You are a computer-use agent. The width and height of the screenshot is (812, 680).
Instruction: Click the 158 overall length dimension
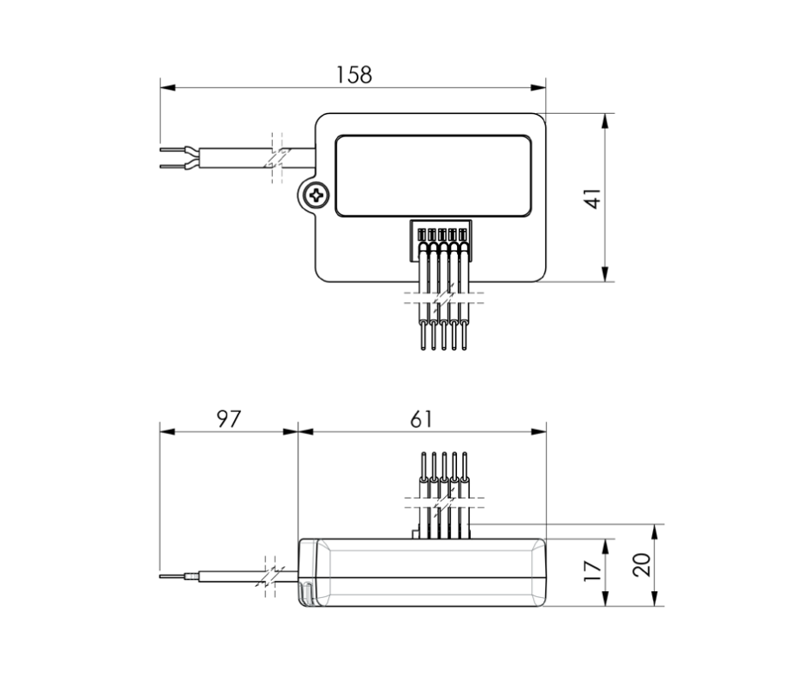tap(353, 75)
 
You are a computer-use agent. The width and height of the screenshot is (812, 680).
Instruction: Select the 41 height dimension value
tap(593, 198)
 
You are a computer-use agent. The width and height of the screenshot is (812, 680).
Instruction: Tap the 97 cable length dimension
tap(227, 419)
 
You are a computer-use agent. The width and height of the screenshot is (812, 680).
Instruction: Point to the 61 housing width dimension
tap(421, 419)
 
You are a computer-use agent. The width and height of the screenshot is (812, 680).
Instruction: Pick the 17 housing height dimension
tap(593, 572)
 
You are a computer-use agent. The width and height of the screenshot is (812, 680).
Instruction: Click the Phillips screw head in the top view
tap(317, 195)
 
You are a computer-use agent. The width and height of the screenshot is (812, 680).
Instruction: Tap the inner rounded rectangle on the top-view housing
tap(433, 175)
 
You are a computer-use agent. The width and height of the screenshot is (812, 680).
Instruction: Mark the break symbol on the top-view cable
tap(276, 158)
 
